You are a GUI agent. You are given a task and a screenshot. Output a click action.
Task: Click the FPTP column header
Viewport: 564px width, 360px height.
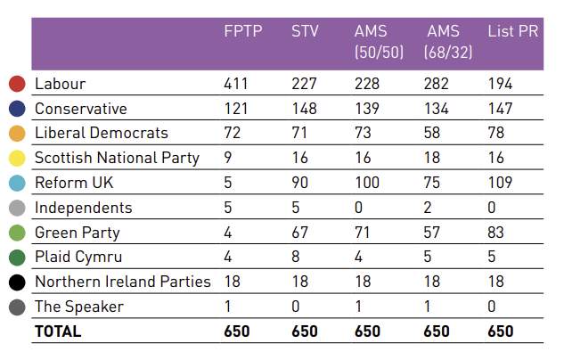point(241,32)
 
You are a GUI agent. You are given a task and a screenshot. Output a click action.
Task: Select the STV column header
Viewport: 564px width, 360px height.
point(304,32)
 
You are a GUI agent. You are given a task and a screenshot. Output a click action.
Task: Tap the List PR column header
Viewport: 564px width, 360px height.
point(512,32)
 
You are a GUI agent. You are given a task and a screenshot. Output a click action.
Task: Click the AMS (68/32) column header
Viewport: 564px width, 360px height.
point(447,41)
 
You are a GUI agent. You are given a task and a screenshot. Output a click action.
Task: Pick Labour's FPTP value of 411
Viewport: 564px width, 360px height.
point(236,85)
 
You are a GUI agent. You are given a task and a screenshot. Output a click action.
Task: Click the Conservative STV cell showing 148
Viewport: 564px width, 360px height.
point(304,109)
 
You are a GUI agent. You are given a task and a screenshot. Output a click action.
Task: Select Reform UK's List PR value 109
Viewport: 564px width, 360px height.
point(500,183)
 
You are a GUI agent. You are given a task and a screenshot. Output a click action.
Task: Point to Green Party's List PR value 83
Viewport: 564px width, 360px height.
point(496,233)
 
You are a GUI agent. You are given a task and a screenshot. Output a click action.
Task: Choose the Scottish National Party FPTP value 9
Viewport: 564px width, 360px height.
point(228,159)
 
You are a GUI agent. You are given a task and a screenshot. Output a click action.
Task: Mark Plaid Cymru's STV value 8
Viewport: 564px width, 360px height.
point(296,258)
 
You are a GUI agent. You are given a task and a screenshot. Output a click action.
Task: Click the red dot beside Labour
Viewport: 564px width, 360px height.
point(16,85)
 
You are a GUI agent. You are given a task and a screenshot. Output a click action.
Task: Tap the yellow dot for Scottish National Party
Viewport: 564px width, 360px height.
point(16,159)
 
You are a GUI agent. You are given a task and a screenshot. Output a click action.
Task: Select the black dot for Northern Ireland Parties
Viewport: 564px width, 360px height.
point(16,282)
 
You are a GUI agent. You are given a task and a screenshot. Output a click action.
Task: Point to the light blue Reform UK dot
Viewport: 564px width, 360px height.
point(16,183)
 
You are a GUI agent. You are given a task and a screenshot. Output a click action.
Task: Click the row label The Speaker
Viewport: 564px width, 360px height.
point(78,307)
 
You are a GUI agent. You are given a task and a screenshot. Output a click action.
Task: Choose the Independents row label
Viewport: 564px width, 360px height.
point(83,208)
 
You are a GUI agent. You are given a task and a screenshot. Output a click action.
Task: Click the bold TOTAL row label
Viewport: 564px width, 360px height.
point(57,331)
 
